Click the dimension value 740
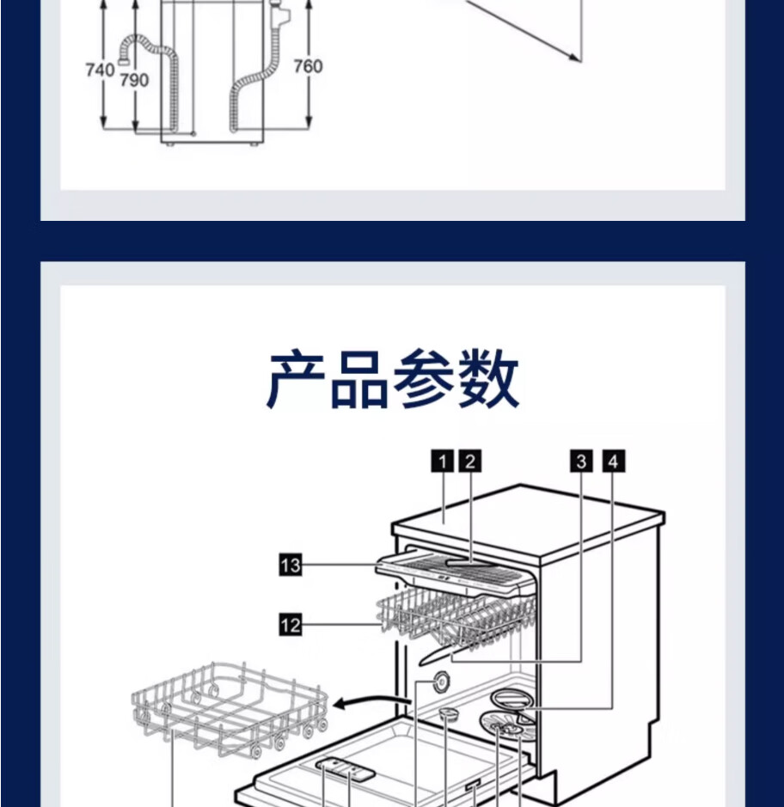click(100, 70)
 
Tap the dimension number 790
click(133, 80)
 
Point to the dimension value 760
click(308, 66)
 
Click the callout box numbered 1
click(442, 462)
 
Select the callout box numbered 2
click(469, 462)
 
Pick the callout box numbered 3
click(581, 462)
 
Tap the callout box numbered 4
click(612, 462)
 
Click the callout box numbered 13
click(291, 565)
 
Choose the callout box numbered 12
click(291, 625)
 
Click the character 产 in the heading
click(297, 379)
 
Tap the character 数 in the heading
click(488, 379)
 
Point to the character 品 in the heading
click(361, 379)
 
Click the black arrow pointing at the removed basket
click(361, 704)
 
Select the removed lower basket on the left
click(228, 709)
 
